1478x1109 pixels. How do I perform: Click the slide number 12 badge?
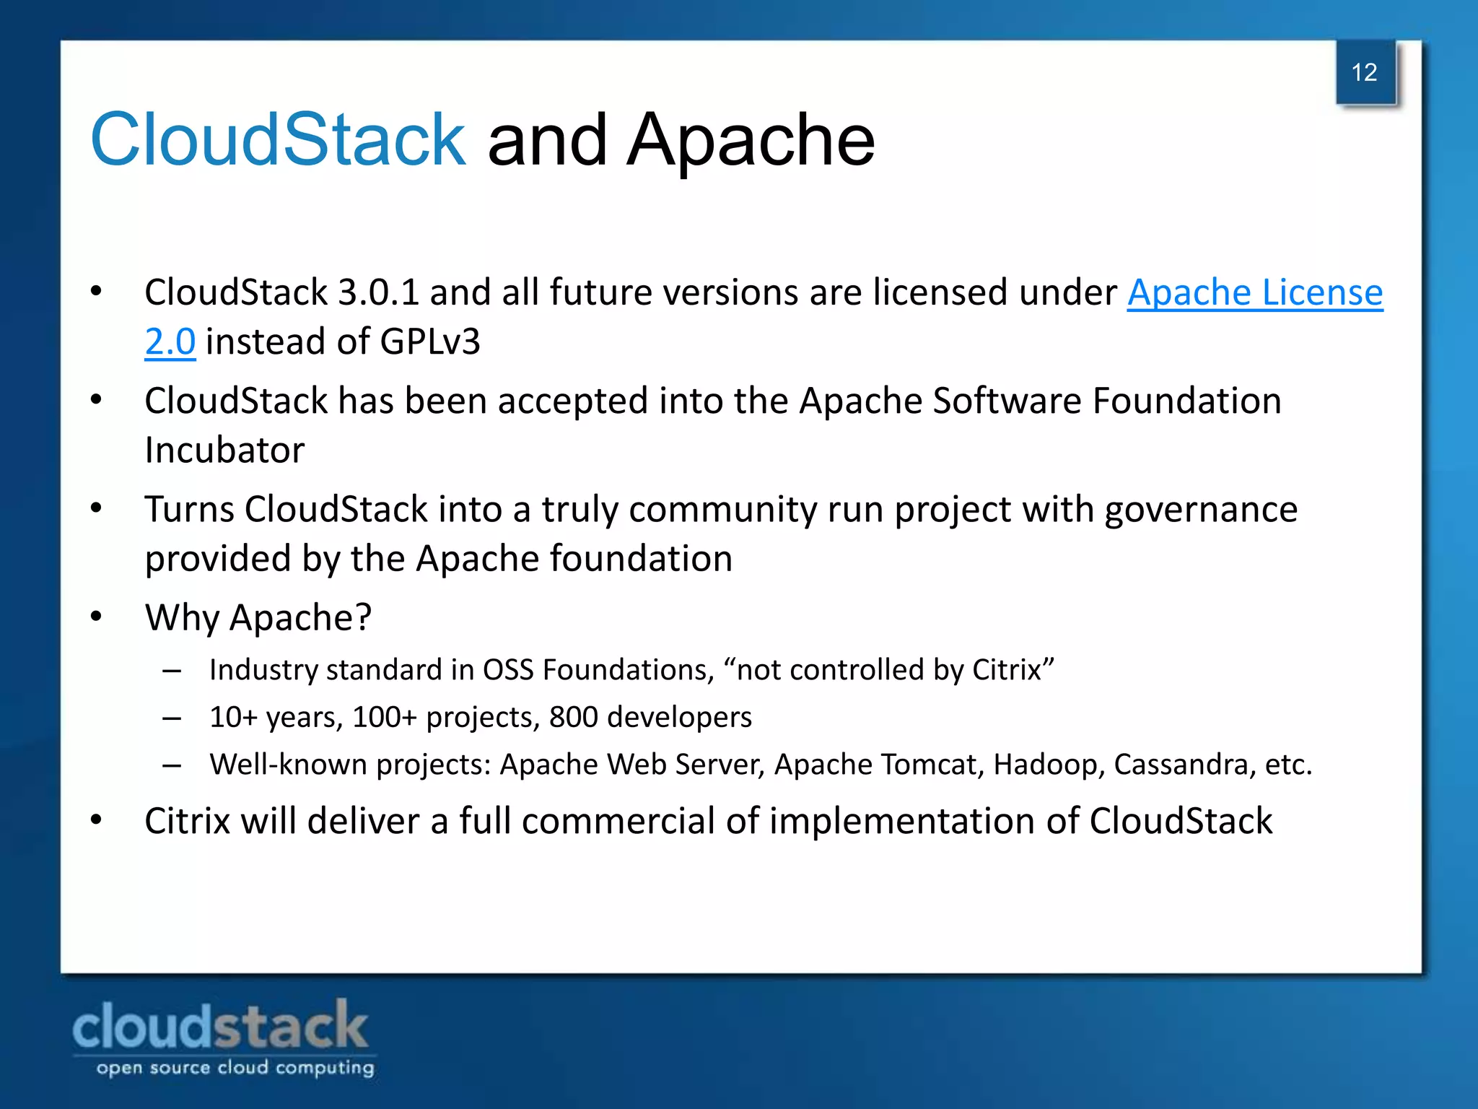click(1365, 73)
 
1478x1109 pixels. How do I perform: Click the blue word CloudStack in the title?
click(278, 139)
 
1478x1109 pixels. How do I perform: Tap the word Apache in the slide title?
click(751, 139)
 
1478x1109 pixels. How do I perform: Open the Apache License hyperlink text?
click(1255, 293)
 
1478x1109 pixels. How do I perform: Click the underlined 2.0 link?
click(170, 342)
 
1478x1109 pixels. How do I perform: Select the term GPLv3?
click(429, 342)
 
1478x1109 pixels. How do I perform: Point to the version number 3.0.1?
click(378, 293)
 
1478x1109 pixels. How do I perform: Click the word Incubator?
click(224, 451)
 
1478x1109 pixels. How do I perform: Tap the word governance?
click(1201, 510)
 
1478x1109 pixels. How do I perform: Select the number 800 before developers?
click(574, 717)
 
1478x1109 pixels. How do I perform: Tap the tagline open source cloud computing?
click(235, 1068)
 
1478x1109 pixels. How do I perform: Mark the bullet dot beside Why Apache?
click(97, 617)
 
